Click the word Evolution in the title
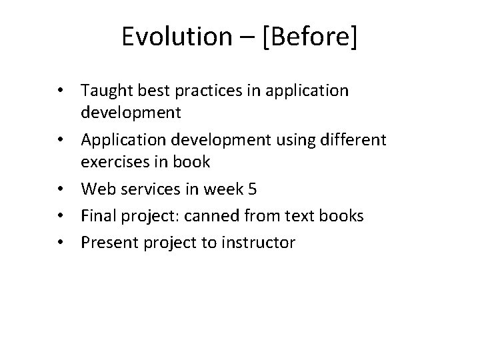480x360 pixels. coord(173,38)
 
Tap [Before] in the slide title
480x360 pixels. coord(309,38)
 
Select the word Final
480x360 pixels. coord(99,216)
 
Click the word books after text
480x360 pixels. coord(341,216)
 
